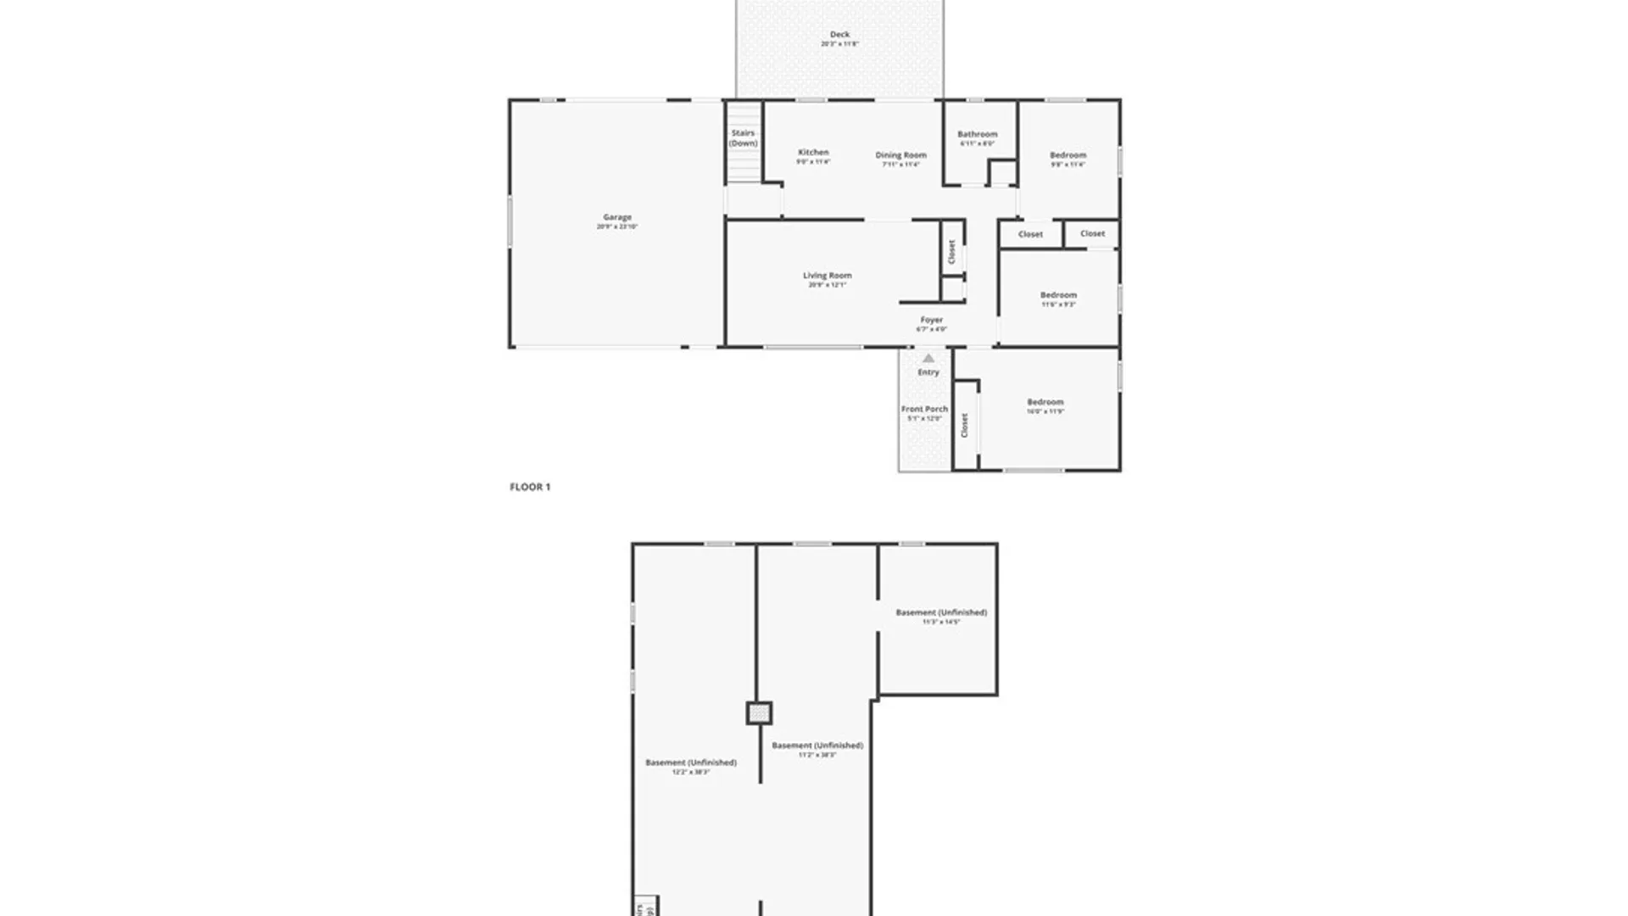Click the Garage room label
(617, 217)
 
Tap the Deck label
(839, 35)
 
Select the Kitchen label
(813, 153)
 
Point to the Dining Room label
(900, 155)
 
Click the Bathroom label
(977, 134)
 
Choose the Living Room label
(827, 276)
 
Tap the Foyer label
(931, 320)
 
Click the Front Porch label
(924, 409)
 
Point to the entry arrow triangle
(928, 358)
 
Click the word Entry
(928, 372)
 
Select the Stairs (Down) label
(743, 138)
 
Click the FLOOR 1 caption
(530, 487)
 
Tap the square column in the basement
(759, 713)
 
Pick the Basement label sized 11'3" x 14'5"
(941, 612)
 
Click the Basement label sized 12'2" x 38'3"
(690, 762)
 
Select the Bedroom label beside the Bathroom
(1068, 155)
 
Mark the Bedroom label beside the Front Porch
(1045, 402)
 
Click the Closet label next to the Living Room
(951, 252)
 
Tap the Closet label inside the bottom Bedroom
(964, 426)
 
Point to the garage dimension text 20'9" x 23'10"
(616, 227)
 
